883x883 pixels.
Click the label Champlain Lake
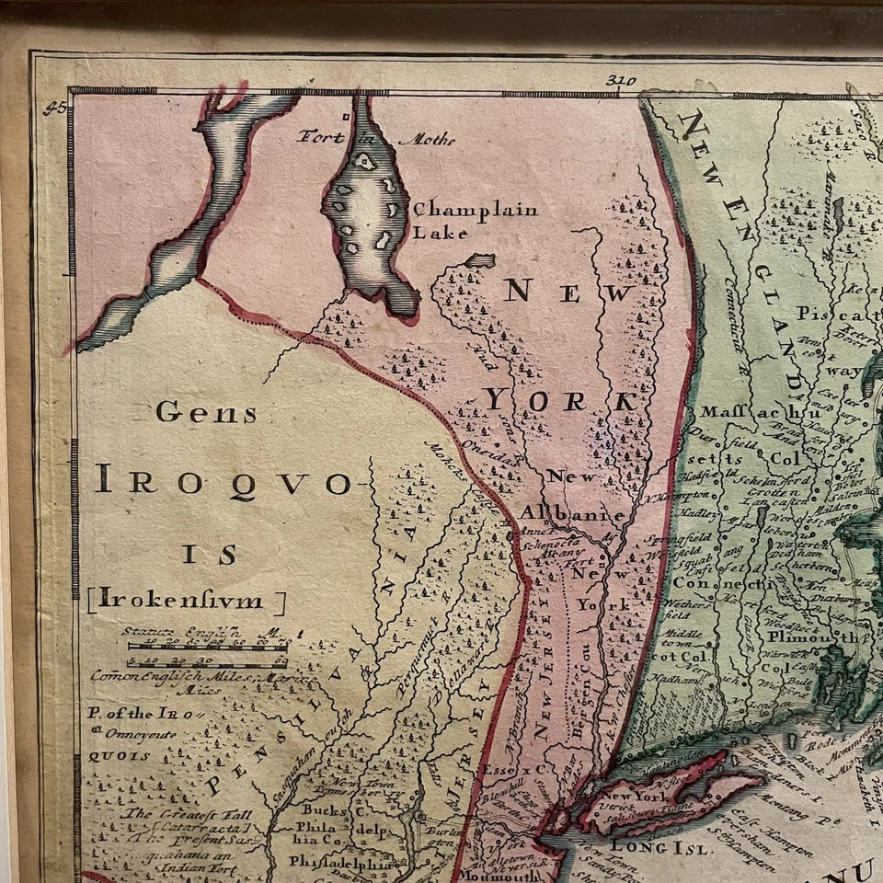tap(475, 221)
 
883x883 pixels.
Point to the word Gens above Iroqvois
tap(206, 413)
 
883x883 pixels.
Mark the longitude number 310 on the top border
tap(622, 81)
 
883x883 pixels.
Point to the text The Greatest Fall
tap(175, 814)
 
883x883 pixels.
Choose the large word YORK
tap(560, 401)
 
